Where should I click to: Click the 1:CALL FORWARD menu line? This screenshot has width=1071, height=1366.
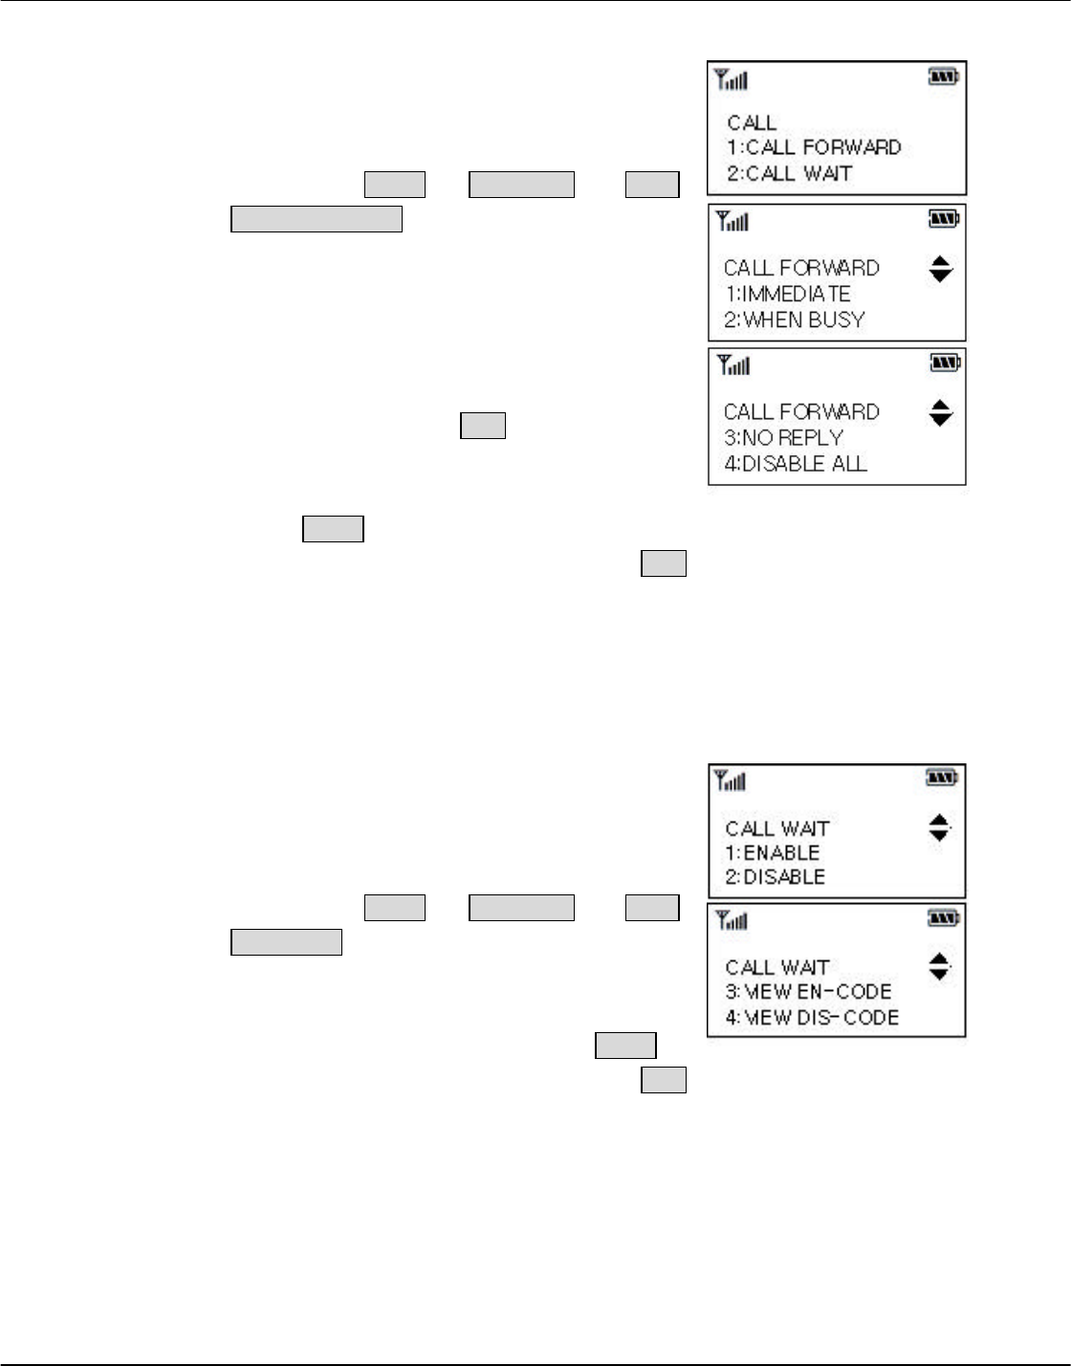[814, 147]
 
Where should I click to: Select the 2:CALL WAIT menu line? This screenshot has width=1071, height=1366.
[789, 173]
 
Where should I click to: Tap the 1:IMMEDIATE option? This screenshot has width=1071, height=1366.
[787, 294]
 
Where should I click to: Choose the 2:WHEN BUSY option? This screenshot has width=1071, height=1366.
[794, 319]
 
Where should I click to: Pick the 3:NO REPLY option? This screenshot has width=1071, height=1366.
[783, 438]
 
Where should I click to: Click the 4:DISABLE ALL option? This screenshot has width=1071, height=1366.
[796, 464]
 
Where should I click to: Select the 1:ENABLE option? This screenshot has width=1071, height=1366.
[773, 852]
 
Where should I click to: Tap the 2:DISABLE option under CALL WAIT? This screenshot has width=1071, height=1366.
[775, 877]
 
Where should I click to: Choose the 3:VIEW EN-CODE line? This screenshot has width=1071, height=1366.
[808, 992]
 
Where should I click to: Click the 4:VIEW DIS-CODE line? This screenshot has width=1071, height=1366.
[812, 1018]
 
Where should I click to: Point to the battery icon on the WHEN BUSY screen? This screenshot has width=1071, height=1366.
[944, 220]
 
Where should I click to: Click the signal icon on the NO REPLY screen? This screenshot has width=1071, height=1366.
[733, 364]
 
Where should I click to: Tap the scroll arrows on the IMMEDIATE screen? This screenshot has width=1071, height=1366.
[941, 270]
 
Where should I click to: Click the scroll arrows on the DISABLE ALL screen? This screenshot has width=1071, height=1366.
[941, 413]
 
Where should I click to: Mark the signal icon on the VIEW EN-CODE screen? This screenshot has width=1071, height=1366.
[732, 921]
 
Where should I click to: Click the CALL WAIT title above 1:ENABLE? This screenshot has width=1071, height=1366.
[776, 827]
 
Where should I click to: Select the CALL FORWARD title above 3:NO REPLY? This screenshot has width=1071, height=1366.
[801, 412]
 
